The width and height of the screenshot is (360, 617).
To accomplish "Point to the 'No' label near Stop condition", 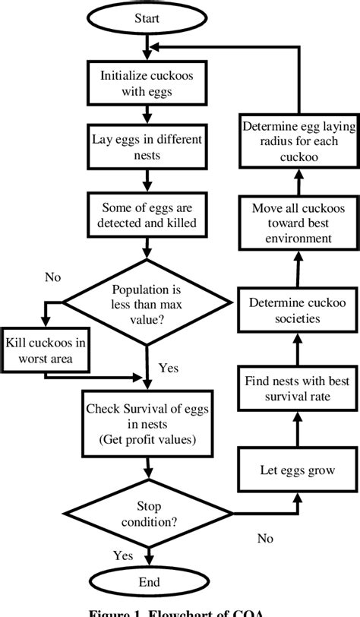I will tap(264, 538).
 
